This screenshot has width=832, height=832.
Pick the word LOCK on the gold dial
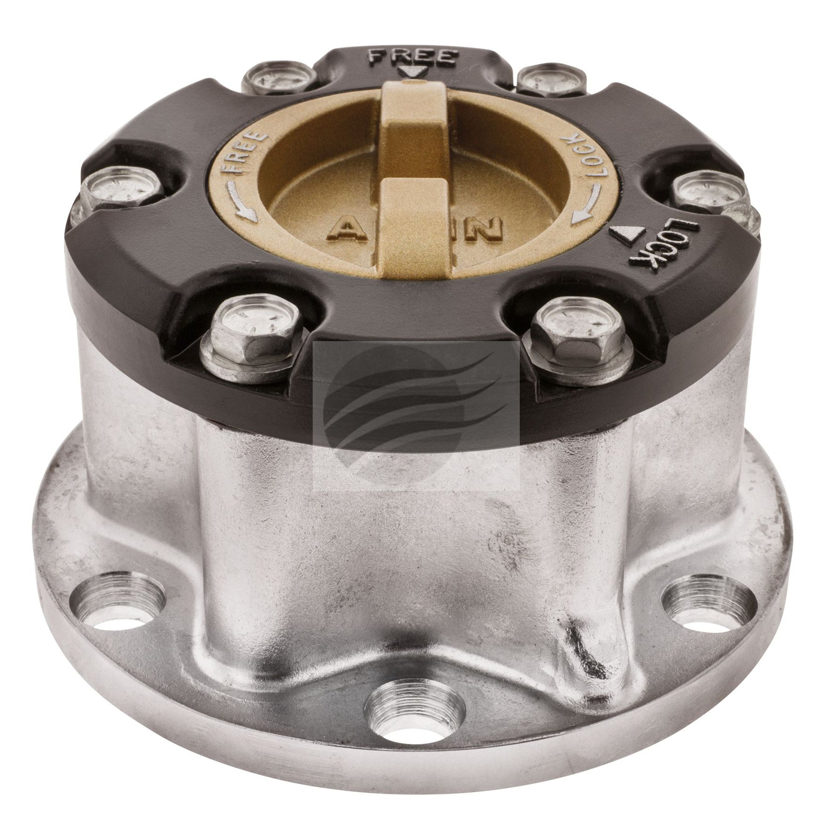[583, 157]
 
